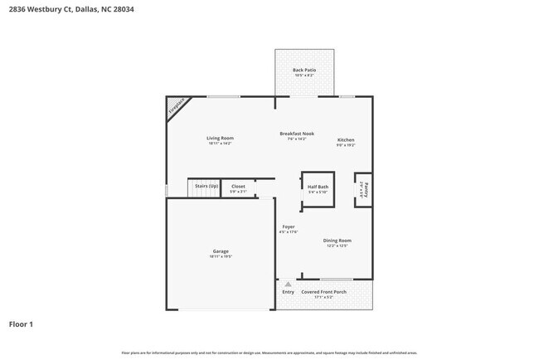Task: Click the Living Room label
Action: tap(221, 138)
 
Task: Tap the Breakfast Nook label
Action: tap(296, 134)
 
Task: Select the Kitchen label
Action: tap(346, 139)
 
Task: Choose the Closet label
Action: tap(238, 187)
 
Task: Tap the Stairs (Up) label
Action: tap(206, 187)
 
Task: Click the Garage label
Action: tap(221, 251)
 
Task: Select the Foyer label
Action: tap(289, 226)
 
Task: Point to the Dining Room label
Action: tap(337, 241)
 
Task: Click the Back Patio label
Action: tap(304, 71)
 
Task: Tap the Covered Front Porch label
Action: tap(323, 292)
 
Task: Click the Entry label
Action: tap(288, 292)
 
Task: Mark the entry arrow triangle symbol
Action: tap(288, 283)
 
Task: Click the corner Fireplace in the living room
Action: tap(176, 106)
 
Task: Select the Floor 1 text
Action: tap(21, 324)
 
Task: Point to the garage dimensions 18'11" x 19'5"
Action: tap(221, 257)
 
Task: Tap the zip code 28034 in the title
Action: tap(123, 10)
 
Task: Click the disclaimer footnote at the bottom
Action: tap(269, 353)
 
